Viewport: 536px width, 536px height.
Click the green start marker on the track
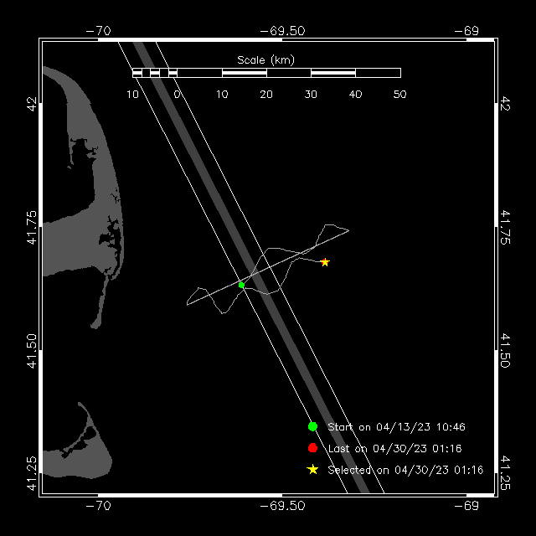click(241, 285)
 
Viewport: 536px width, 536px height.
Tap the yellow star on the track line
click(325, 262)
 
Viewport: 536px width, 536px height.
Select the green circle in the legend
click(312, 426)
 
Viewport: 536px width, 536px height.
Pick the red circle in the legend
click(312, 448)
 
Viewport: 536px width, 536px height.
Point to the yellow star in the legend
click(312, 470)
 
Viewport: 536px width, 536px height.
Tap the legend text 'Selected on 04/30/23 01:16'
click(405, 471)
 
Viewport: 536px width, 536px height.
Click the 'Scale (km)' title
click(265, 59)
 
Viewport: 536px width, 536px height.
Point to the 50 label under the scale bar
click(399, 94)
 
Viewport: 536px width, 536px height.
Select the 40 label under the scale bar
click(355, 94)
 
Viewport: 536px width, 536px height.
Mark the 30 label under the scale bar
click(311, 94)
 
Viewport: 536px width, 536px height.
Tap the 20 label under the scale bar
click(266, 94)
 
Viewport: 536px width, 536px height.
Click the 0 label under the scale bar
click(178, 94)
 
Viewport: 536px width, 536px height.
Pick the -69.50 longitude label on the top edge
click(282, 30)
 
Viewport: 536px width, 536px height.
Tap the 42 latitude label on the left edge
click(32, 105)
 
